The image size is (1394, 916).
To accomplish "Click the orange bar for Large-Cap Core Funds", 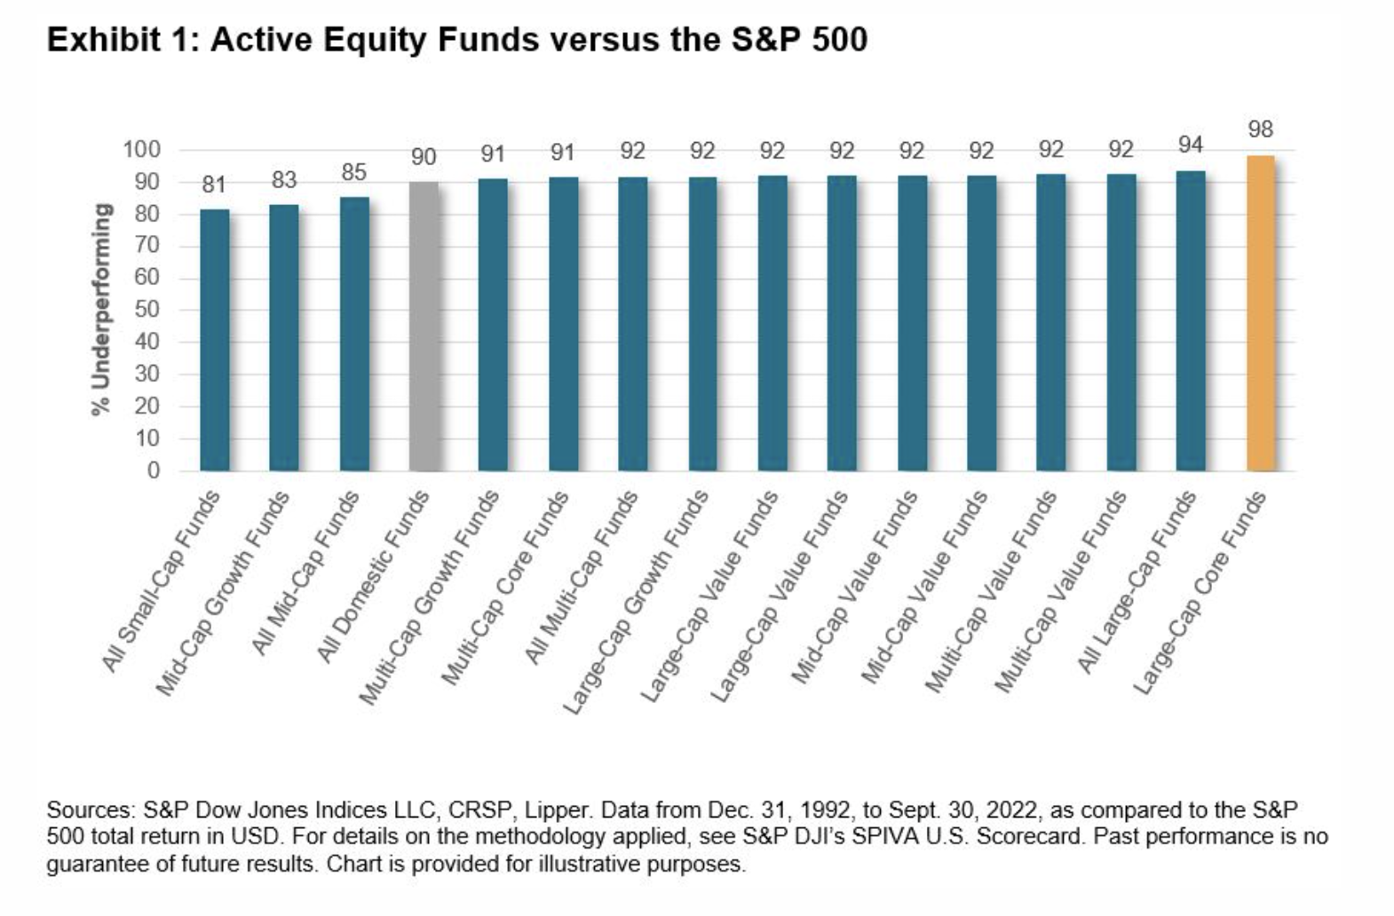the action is [x=1261, y=313].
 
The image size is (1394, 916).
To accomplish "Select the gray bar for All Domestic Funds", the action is [x=424, y=326].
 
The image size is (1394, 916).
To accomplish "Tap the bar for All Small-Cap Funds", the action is [x=215, y=340].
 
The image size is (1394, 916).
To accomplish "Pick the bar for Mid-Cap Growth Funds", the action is [x=284, y=338].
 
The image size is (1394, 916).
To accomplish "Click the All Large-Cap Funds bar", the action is [x=1191, y=321].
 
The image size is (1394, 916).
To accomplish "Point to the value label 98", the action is [x=1261, y=130].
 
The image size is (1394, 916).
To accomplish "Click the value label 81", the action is [x=214, y=185].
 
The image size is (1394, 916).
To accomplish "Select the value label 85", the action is [x=354, y=172].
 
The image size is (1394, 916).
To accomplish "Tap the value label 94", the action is [x=1191, y=145].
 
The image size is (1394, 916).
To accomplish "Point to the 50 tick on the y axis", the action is [x=148, y=309].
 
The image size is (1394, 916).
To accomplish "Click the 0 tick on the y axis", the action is [x=154, y=470].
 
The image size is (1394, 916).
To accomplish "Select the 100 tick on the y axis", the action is [x=142, y=149].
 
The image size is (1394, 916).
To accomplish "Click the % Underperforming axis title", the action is [x=101, y=309].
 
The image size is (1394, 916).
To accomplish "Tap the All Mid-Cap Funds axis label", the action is [x=305, y=573].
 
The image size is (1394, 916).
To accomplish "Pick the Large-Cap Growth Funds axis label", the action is [x=636, y=602].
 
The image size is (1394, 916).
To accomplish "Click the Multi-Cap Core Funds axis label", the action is [x=505, y=588].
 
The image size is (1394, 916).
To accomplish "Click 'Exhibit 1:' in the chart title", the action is [x=123, y=41].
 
